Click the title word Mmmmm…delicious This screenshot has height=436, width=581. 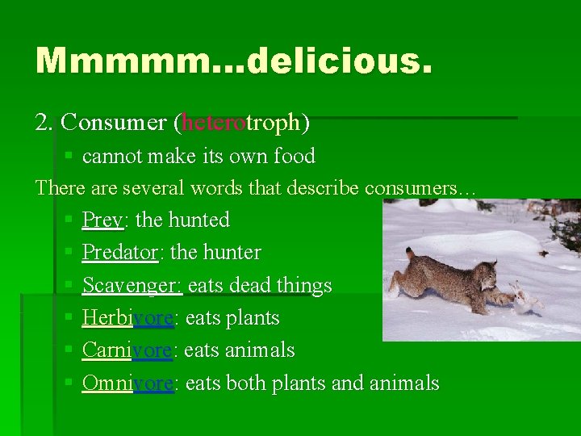pyautogui.click(x=234, y=61)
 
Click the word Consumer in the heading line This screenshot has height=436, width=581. pyautogui.click(x=113, y=123)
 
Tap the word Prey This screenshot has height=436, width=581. pyautogui.click(x=102, y=220)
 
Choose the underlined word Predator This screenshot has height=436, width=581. pyautogui.click(x=120, y=253)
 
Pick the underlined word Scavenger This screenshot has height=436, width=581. pyautogui.click(x=133, y=286)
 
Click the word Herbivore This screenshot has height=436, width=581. pyautogui.click(x=127, y=318)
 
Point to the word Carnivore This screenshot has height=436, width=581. pyautogui.click(x=127, y=350)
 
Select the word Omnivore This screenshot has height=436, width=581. pyautogui.click(x=127, y=383)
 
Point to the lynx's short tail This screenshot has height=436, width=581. pyautogui.click(x=411, y=256)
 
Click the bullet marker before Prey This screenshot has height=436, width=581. pyautogui.click(x=69, y=220)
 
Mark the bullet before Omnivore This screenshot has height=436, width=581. pyautogui.click(x=69, y=382)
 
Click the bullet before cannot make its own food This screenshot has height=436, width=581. pyautogui.click(x=69, y=155)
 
